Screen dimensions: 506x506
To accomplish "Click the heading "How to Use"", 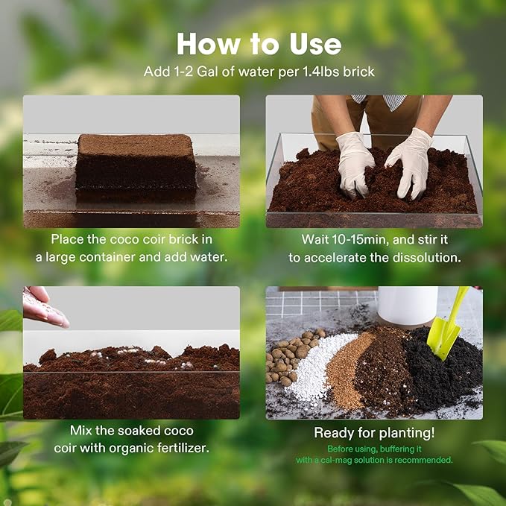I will (x=259, y=44).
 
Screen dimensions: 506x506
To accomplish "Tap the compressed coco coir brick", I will (x=136, y=166).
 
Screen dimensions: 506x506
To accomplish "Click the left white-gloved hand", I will (x=355, y=160).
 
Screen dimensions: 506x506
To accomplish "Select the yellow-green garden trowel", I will (x=447, y=324).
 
